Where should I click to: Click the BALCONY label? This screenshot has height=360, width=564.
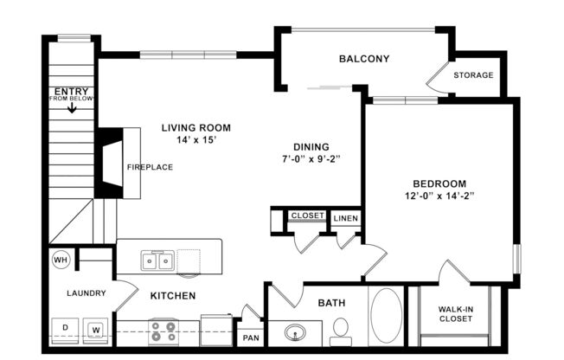(x=363, y=59)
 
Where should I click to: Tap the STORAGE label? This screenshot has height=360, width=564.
(x=473, y=75)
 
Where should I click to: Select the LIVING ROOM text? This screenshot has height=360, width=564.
(x=196, y=127)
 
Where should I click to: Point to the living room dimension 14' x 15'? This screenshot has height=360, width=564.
(x=196, y=139)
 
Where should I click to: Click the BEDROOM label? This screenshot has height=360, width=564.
(x=439, y=183)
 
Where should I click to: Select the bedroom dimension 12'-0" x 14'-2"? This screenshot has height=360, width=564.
(x=439, y=196)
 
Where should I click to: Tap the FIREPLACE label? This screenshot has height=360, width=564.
(x=150, y=167)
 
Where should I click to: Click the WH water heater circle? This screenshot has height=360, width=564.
(x=61, y=259)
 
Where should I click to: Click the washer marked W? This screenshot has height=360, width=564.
(x=96, y=330)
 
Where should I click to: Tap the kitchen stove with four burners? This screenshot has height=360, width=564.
(x=163, y=331)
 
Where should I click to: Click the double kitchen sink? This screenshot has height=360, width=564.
(x=158, y=260)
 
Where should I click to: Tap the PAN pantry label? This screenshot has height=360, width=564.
(x=251, y=337)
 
